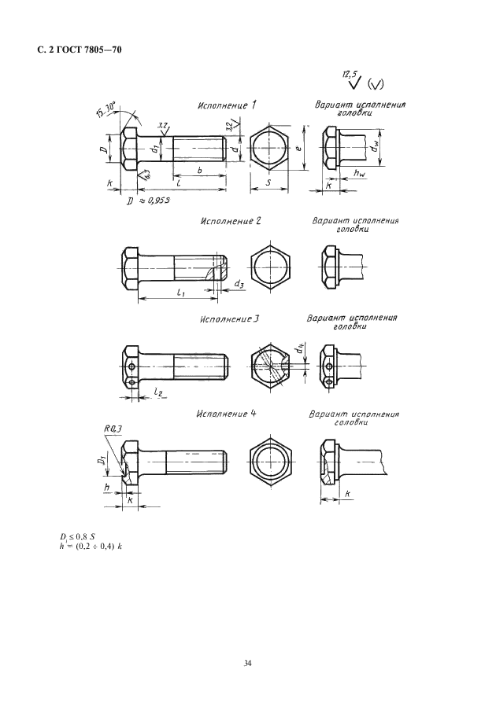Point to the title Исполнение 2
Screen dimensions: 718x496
point(230,222)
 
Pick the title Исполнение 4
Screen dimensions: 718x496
point(228,413)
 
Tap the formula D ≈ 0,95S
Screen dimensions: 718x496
point(149,201)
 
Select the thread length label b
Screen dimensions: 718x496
point(199,168)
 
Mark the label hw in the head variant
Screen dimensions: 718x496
point(359,173)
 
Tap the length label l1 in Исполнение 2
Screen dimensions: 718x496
point(180,292)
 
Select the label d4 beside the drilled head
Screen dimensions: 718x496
point(299,345)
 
